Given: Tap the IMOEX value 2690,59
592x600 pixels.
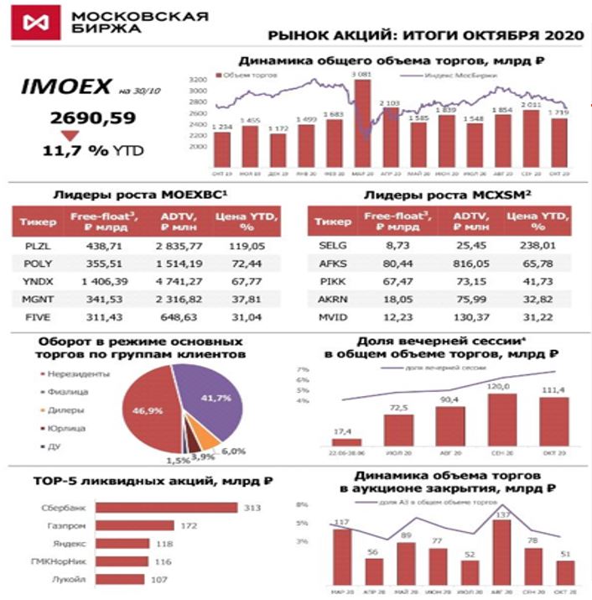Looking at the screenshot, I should (x=92, y=118).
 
